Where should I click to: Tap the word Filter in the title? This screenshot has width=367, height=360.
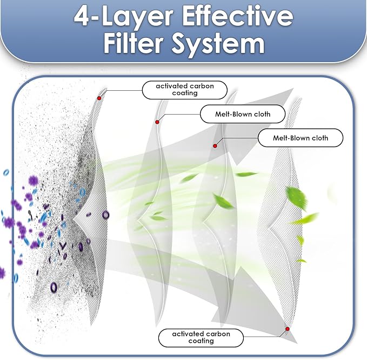pyautogui.click(x=133, y=43)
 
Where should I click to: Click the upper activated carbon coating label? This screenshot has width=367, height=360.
pyautogui.click(x=185, y=90)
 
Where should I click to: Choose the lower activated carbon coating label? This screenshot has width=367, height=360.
pyautogui.click(x=201, y=337)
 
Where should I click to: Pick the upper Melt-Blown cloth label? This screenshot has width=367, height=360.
pyautogui.click(x=243, y=114)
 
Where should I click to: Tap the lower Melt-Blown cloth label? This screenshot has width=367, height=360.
pyautogui.click(x=301, y=138)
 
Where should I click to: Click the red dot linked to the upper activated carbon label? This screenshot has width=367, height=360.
pyautogui.click(x=99, y=98)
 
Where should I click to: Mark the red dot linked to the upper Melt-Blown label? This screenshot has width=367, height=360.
pyautogui.click(x=157, y=122)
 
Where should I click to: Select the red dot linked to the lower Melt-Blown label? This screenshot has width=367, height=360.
pyautogui.click(x=215, y=146)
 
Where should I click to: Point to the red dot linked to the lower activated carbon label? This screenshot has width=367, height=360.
pyautogui.click(x=288, y=329)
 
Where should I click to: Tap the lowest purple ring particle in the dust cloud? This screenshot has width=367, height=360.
pyautogui.click(x=54, y=287)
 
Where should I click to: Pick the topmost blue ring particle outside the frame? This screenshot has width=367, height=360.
pyautogui.click(x=6, y=172)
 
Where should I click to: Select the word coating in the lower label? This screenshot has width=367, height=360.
pyautogui.click(x=201, y=341)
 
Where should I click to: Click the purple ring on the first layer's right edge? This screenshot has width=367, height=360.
pyautogui.click(x=105, y=215)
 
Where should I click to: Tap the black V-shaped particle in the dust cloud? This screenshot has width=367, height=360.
pyautogui.click(x=63, y=245)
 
